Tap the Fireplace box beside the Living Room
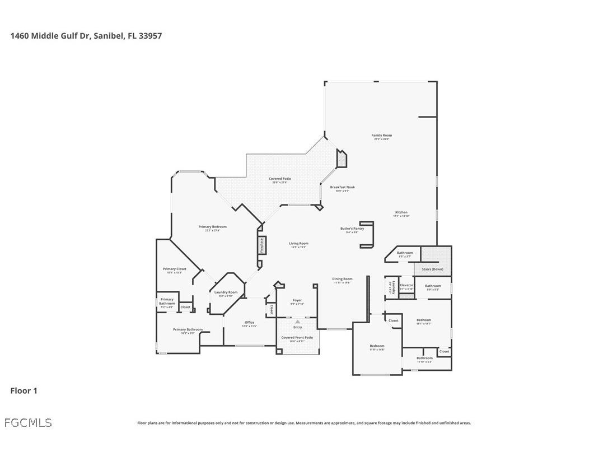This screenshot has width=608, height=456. (261, 245)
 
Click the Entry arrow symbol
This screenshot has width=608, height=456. (297, 322)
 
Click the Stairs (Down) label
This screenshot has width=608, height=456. (433, 269)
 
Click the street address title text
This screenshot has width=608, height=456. (86, 35)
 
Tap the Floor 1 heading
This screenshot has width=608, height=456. (24, 390)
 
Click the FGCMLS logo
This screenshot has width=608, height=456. (28, 422)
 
